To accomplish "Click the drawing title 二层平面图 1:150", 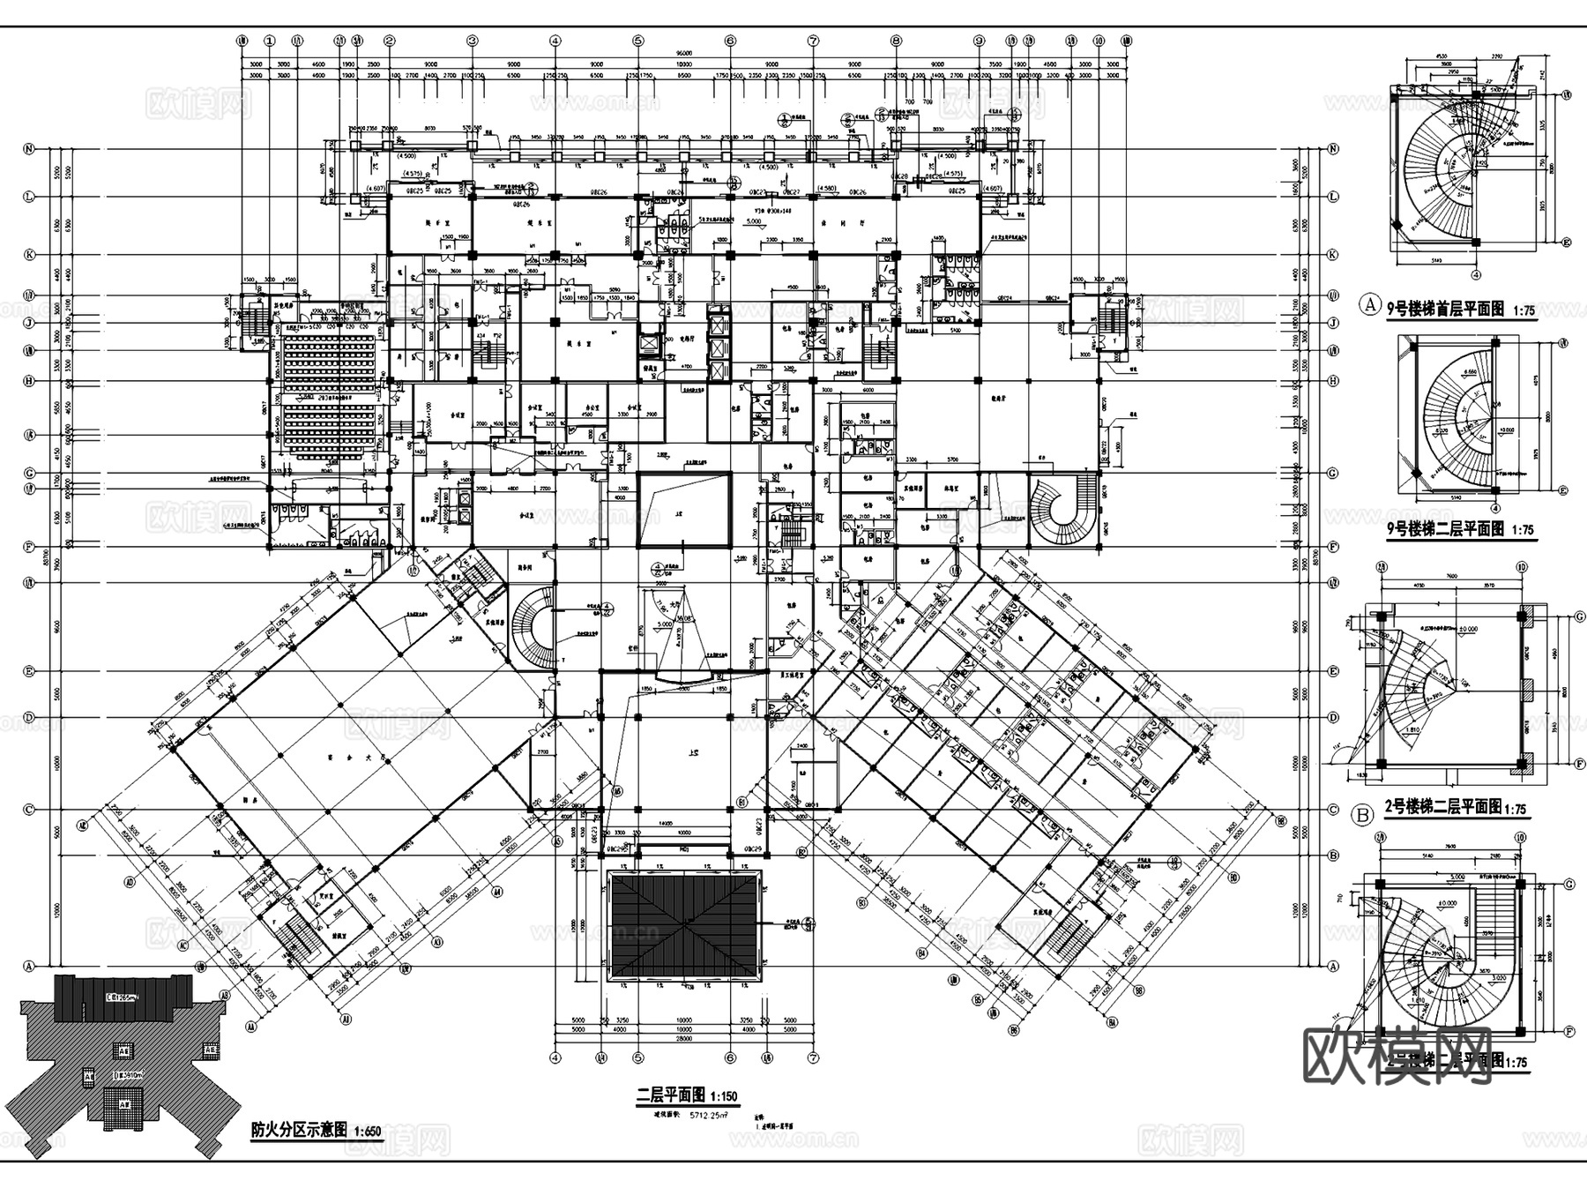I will coord(687,1095).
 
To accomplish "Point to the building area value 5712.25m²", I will coord(702,1116).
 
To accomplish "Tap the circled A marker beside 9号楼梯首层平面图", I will coord(1370,305).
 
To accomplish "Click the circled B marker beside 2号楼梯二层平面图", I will coord(1363,815).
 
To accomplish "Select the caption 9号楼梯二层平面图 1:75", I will coord(1460,530).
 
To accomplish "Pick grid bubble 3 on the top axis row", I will coord(473,41).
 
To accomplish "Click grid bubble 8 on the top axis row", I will coord(896,41).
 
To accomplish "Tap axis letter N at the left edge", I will coord(29,149).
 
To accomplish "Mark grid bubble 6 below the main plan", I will coord(730,1057).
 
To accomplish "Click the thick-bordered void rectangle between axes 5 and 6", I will coord(684,510).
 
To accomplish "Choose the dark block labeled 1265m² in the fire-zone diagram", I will coord(123,997).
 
